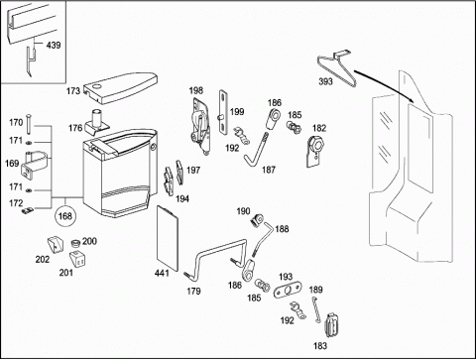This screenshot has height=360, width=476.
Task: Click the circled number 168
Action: coord(65,216)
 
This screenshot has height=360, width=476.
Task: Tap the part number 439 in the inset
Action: coord(54,45)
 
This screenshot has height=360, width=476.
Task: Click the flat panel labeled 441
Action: coord(168,238)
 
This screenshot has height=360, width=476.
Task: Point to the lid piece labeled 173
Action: coord(120,86)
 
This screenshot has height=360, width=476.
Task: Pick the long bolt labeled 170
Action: coord(29,124)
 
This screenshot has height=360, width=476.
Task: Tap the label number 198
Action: coord(196,90)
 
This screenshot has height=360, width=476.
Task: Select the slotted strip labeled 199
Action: coord(224,112)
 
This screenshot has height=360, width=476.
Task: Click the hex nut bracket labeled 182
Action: coord(314,151)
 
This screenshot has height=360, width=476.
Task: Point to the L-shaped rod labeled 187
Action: coord(256,152)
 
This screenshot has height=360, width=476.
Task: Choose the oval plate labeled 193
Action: coord(288,290)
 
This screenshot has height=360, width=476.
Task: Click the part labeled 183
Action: coord(331,325)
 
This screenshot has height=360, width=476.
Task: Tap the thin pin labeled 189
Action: coord(315,309)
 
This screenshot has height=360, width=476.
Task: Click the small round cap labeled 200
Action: coord(76,243)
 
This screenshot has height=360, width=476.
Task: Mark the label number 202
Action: coord(43,260)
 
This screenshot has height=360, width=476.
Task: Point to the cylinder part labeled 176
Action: coord(97,121)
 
